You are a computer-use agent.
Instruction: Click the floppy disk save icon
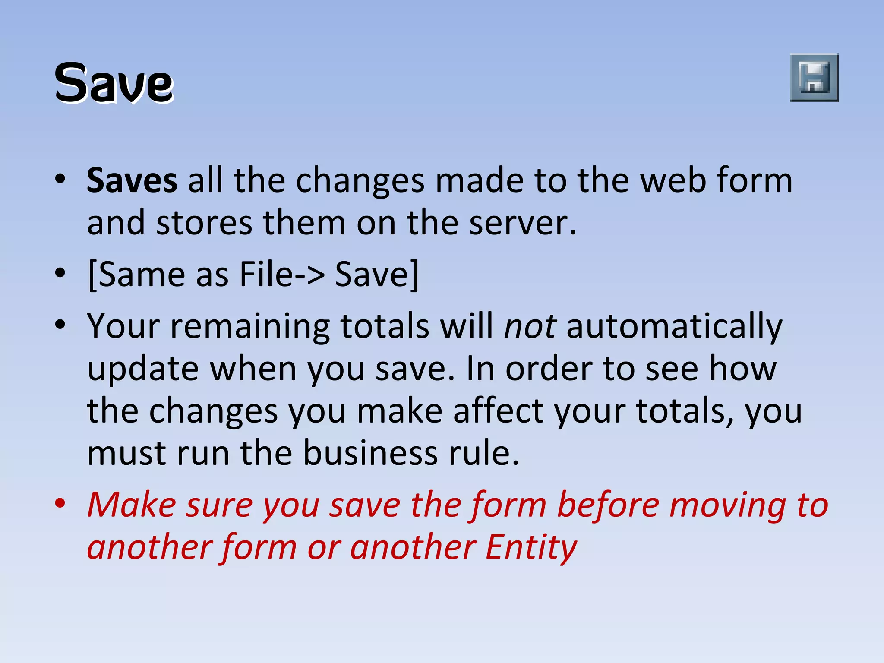(814, 78)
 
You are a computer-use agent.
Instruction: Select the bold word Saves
(132, 180)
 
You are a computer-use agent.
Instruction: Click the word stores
(204, 223)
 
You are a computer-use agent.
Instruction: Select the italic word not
(530, 326)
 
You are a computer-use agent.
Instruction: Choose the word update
(143, 369)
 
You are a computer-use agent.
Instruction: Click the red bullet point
(60, 503)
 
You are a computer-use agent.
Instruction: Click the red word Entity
(531, 547)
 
